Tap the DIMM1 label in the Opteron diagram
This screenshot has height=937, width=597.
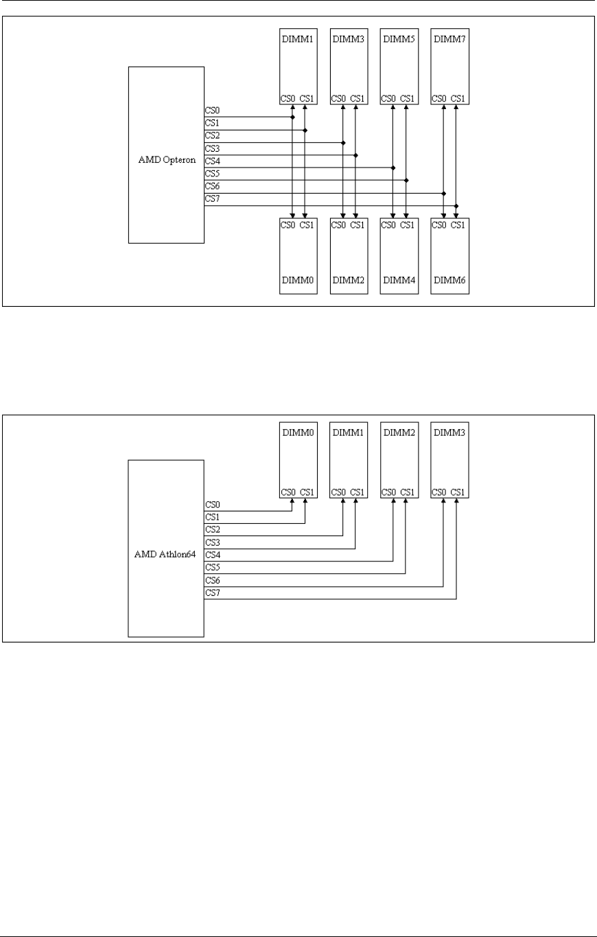point(298,40)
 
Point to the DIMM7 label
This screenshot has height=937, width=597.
point(450,40)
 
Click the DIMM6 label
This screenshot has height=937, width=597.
point(450,281)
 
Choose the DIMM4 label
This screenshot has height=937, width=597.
point(399,281)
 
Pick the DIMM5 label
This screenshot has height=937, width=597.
point(399,40)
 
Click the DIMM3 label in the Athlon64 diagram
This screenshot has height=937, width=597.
point(450,432)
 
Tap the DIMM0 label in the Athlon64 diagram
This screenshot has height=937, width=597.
point(298,432)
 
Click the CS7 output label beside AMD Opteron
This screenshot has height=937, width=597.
point(212,199)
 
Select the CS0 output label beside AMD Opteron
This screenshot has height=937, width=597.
point(212,111)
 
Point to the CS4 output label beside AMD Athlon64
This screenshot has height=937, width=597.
point(212,555)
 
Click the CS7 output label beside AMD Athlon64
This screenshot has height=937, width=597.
point(212,592)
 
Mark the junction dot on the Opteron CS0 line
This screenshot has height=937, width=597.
point(293,117)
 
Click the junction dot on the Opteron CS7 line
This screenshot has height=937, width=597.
point(456,206)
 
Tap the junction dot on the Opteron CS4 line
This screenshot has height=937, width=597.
point(393,167)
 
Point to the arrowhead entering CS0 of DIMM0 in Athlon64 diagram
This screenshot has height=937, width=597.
point(293,500)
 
